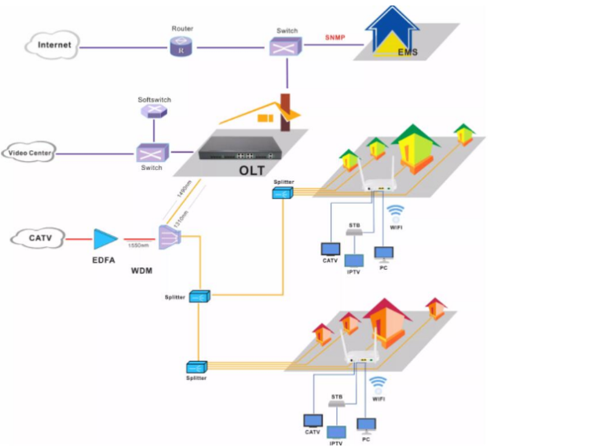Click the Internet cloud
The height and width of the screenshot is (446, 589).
point(54,45)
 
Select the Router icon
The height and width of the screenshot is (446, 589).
point(181,47)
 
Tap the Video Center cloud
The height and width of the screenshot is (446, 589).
point(30,152)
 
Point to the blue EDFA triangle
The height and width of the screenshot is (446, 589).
point(105,239)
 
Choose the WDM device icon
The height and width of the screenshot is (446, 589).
point(168,237)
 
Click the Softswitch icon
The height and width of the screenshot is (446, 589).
point(153,112)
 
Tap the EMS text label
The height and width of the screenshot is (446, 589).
point(408,53)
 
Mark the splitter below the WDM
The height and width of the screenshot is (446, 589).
point(200,297)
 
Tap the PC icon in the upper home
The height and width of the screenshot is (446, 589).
point(385,255)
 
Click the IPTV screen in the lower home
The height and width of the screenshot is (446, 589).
point(337,433)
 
